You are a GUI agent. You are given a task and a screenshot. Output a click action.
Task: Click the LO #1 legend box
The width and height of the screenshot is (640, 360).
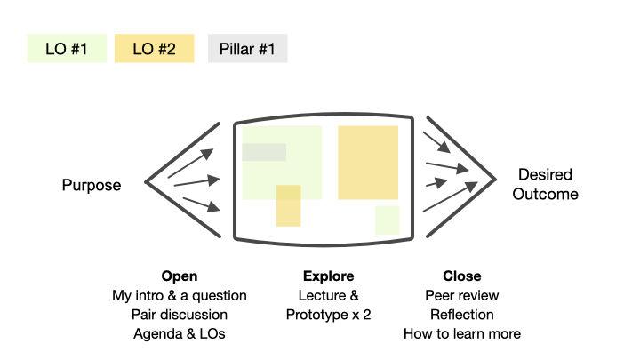(67, 48)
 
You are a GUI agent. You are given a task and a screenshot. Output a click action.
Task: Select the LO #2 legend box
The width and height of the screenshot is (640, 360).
(155, 48)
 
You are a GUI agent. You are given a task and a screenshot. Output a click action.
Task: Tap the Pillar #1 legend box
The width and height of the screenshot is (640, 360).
(248, 48)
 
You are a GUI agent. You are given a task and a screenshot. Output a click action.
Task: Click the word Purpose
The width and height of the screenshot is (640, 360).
(92, 185)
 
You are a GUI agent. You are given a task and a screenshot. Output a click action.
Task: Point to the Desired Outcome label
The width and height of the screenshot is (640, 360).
(545, 184)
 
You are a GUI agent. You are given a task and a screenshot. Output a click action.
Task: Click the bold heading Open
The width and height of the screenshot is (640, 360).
(180, 276)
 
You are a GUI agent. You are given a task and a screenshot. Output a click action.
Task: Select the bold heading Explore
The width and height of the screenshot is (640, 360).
(329, 276)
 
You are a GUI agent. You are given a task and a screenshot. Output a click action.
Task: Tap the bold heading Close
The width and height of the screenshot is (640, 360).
(462, 276)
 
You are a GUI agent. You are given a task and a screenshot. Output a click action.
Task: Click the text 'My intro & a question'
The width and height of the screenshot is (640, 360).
(180, 295)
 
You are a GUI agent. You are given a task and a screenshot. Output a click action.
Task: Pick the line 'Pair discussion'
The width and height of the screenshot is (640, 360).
(180, 315)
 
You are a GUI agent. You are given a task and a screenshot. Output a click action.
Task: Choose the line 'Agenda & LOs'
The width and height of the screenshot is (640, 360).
(180, 333)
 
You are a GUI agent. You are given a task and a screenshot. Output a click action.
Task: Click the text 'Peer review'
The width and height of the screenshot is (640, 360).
(462, 295)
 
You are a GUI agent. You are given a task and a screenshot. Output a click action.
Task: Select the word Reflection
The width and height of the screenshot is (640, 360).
(462, 315)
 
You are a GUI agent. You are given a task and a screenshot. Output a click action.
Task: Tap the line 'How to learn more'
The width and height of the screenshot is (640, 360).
(462, 333)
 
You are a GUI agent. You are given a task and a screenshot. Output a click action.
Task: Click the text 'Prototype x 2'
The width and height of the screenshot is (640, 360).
(329, 315)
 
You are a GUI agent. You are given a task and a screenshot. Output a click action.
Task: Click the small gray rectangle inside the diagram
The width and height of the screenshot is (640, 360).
(264, 152)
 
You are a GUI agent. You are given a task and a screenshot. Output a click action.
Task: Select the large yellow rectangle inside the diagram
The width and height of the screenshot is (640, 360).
(368, 163)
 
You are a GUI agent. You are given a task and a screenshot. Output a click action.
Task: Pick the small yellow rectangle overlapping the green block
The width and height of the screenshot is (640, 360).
(289, 205)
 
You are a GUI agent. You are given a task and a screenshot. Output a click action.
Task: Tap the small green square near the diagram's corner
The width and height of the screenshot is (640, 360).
(388, 220)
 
